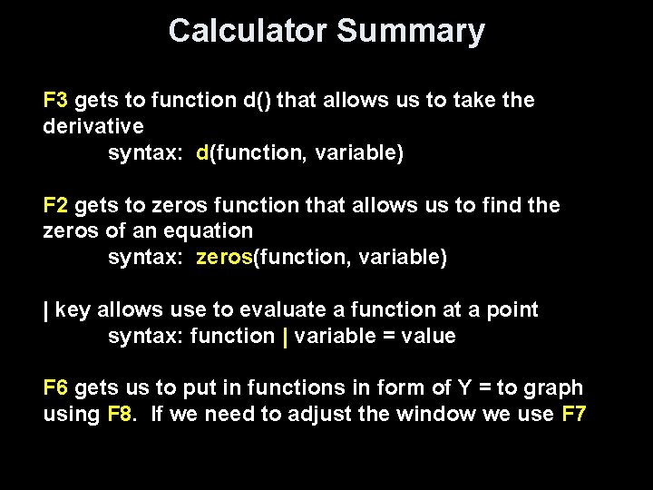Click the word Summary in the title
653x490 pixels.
(x=411, y=31)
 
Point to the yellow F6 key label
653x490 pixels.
(x=55, y=388)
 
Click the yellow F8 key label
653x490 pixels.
(x=120, y=415)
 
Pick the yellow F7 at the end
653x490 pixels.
(x=574, y=415)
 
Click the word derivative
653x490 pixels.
(x=93, y=126)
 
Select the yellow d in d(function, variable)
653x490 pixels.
(x=202, y=152)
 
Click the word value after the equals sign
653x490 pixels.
(x=425, y=337)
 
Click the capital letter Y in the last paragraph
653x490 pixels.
(x=463, y=388)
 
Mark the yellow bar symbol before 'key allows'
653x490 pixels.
(x=46, y=310)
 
